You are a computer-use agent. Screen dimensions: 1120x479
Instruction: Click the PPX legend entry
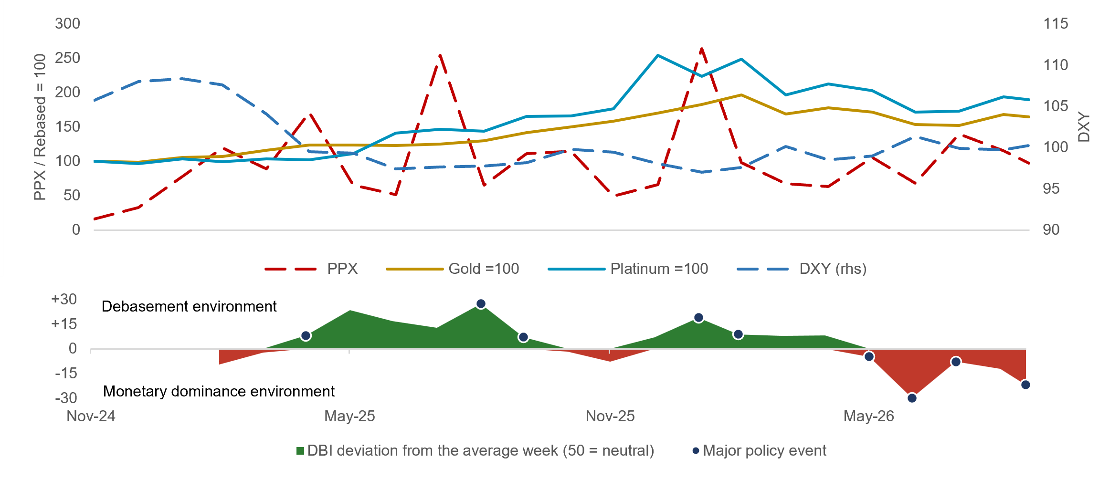311,269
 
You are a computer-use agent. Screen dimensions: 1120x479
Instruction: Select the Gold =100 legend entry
453,269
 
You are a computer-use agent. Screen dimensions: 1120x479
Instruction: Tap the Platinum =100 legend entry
628,269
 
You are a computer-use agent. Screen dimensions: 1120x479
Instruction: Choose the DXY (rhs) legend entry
802,269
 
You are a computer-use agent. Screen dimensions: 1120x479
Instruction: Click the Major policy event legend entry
760,450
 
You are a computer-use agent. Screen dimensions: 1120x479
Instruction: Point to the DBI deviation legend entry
475,450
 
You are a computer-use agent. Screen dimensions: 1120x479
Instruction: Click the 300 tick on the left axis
67,23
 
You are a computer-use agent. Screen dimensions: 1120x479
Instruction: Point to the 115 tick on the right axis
1056,23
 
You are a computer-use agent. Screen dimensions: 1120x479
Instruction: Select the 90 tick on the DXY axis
1051,229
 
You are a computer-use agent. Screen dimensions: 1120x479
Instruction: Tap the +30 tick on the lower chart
64,299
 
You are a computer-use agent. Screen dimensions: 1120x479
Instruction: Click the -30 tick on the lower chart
66,397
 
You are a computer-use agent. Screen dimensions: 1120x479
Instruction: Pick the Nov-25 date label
610,416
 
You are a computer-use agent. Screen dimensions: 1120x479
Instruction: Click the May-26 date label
869,416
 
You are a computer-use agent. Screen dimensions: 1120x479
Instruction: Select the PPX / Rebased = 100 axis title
40,127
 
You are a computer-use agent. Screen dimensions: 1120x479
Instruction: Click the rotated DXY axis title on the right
1084,127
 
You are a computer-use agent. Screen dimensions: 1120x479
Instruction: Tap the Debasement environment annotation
189,306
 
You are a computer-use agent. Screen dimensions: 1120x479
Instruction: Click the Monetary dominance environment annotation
219,391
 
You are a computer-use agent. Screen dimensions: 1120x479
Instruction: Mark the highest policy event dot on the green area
481,304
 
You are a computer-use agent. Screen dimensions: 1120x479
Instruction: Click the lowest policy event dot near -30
912,398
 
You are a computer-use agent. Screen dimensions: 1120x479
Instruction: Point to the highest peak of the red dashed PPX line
701,49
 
